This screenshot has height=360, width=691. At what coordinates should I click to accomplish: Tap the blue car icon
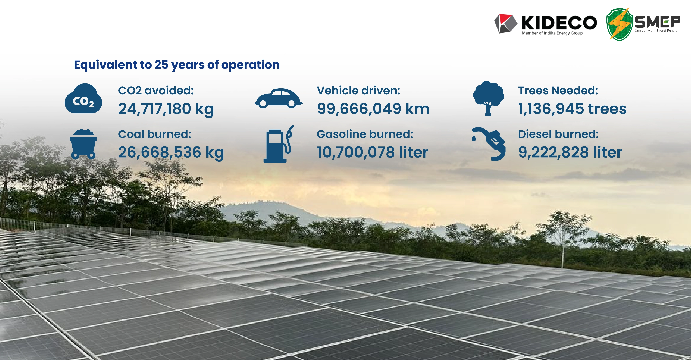click(x=278, y=98)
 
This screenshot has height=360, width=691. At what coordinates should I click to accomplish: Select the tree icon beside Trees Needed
click(x=488, y=98)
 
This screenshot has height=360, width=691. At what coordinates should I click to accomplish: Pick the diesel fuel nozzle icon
click(x=489, y=144)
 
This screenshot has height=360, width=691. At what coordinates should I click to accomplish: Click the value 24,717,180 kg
click(x=166, y=109)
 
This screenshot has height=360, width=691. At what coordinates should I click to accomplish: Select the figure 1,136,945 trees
click(x=572, y=109)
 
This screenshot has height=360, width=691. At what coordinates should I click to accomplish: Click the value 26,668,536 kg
click(x=171, y=152)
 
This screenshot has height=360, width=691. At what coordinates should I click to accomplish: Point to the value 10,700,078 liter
click(x=372, y=152)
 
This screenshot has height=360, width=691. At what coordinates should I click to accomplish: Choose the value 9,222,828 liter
click(x=570, y=152)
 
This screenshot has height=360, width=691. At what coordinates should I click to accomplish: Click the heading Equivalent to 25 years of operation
click(x=177, y=65)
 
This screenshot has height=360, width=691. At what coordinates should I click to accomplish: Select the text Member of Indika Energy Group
click(x=552, y=33)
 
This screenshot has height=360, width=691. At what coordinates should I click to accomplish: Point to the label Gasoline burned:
click(x=365, y=134)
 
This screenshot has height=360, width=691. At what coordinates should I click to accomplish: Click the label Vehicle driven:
click(x=358, y=91)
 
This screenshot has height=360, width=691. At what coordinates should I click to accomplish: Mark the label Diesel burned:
click(x=558, y=134)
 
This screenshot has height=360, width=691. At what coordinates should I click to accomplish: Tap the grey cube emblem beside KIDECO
click(x=506, y=24)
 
